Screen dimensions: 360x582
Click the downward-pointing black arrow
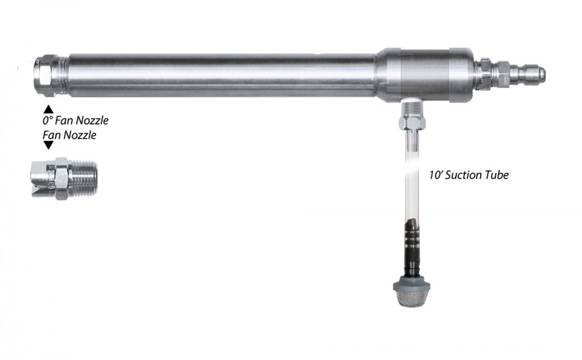tap(48, 145)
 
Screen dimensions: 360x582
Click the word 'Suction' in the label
tap(466, 175)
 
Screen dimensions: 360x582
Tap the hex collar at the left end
tap(45, 75)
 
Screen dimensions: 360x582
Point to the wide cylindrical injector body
tap(424, 75)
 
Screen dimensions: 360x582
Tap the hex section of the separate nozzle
tap(62, 178)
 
